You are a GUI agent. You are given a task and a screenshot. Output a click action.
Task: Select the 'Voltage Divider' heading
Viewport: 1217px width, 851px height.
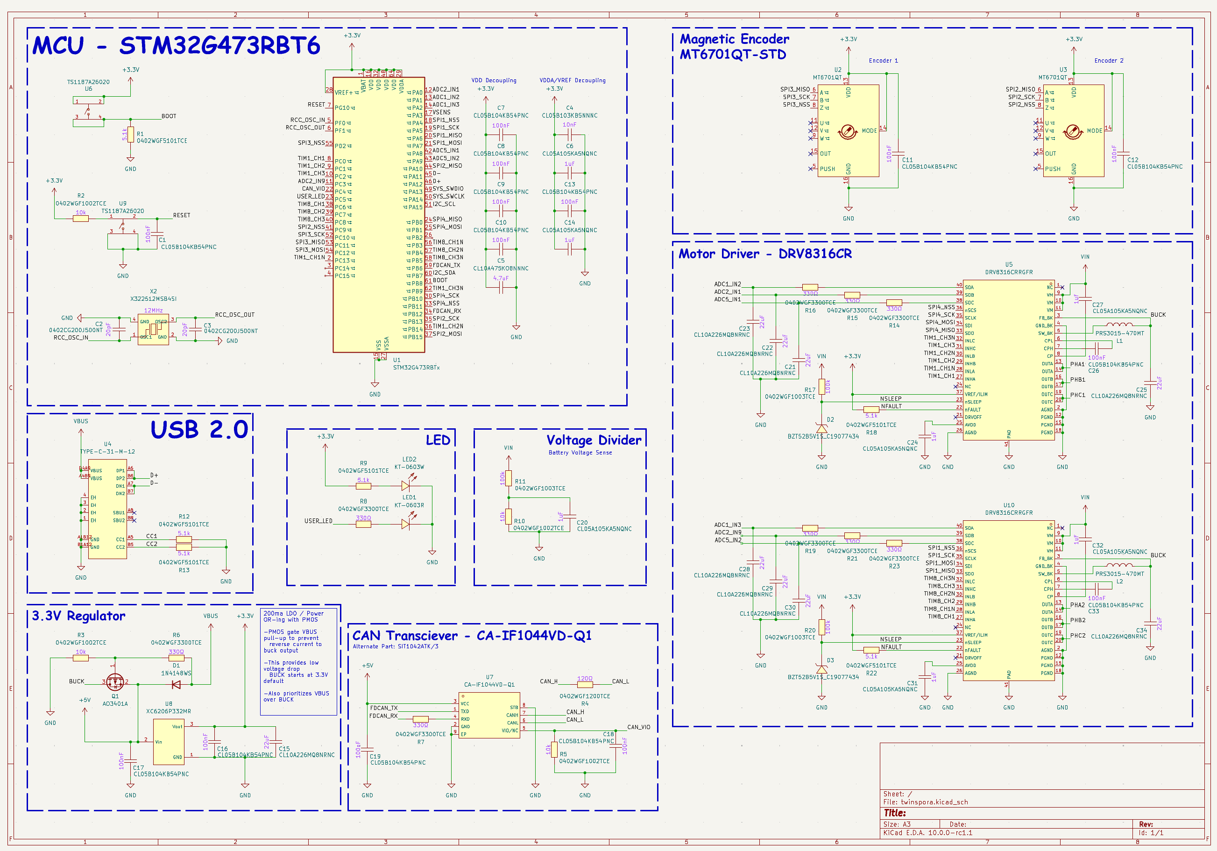[594, 440]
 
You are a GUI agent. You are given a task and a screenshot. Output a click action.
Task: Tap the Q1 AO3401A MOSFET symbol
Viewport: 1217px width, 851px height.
[115, 681]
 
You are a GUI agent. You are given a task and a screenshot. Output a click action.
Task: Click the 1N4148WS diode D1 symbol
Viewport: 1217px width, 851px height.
[177, 685]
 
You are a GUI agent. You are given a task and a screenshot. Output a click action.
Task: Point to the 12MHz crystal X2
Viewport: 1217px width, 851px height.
[153, 329]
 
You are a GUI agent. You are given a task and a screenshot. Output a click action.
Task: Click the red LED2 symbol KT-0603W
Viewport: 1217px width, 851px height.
[406, 485]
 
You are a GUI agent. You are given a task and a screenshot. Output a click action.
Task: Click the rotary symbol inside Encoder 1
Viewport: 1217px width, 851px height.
[847, 132]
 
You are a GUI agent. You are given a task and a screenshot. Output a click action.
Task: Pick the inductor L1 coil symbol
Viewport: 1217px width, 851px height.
[1119, 325]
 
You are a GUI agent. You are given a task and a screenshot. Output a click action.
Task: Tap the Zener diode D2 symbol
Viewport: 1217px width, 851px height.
[821, 428]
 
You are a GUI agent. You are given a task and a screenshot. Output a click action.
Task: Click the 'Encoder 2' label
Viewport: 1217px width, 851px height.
[1108, 60]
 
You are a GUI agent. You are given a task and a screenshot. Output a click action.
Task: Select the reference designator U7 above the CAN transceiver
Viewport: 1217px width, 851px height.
[489, 677]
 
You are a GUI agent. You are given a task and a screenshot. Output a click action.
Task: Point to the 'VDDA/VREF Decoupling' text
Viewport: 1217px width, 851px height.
[573, 81]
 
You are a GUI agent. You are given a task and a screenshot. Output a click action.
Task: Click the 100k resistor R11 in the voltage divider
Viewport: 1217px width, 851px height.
[508, 478]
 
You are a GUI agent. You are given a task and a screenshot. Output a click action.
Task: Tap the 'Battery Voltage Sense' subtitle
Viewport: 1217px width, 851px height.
[580, 453]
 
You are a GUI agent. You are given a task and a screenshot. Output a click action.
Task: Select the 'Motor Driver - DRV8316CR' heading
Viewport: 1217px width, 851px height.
[765, 254]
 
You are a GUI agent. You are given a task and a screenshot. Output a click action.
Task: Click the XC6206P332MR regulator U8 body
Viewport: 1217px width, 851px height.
[169, 742]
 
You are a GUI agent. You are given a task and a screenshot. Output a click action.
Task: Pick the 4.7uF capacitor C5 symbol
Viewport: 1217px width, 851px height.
[501, 288]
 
